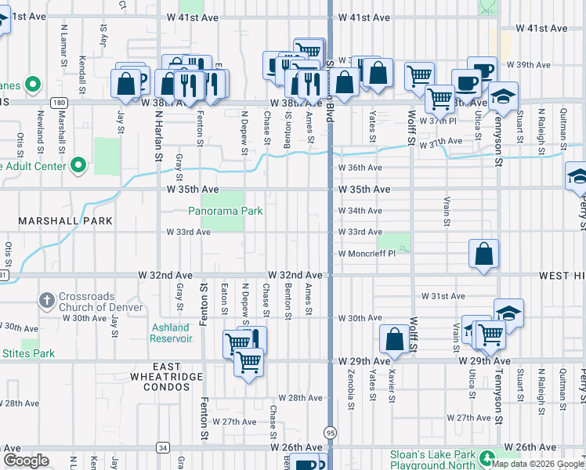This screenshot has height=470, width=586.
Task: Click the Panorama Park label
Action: click(225, 211)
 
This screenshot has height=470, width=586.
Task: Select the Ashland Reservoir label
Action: click(171, 333)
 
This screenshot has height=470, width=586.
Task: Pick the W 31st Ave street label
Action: click(443, 296)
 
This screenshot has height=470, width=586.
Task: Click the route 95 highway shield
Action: click(330, 432)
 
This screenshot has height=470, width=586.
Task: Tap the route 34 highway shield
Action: click(162, 447)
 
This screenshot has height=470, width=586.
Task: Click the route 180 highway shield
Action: click(60, 102)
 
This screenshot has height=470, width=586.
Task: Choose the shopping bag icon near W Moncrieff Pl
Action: click(484, 254)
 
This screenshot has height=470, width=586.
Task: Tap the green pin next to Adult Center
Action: click(78, 165)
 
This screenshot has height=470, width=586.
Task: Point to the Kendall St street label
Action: click(82, 71)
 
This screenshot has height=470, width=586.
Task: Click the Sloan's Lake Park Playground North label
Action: click(436, 460)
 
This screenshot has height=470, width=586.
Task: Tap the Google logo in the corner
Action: click(26, 461)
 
